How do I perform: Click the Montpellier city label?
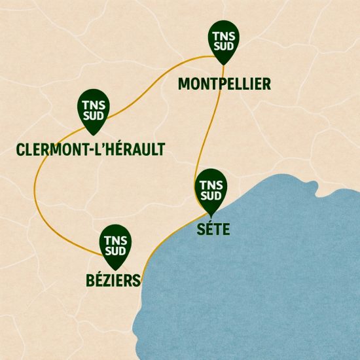[224, 84]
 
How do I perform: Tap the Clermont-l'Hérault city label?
[90, 150]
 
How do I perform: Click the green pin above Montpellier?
[223, 41]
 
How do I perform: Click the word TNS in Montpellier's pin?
[223, 37]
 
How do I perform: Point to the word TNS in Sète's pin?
[211, 185]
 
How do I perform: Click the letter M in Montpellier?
[185, 84]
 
